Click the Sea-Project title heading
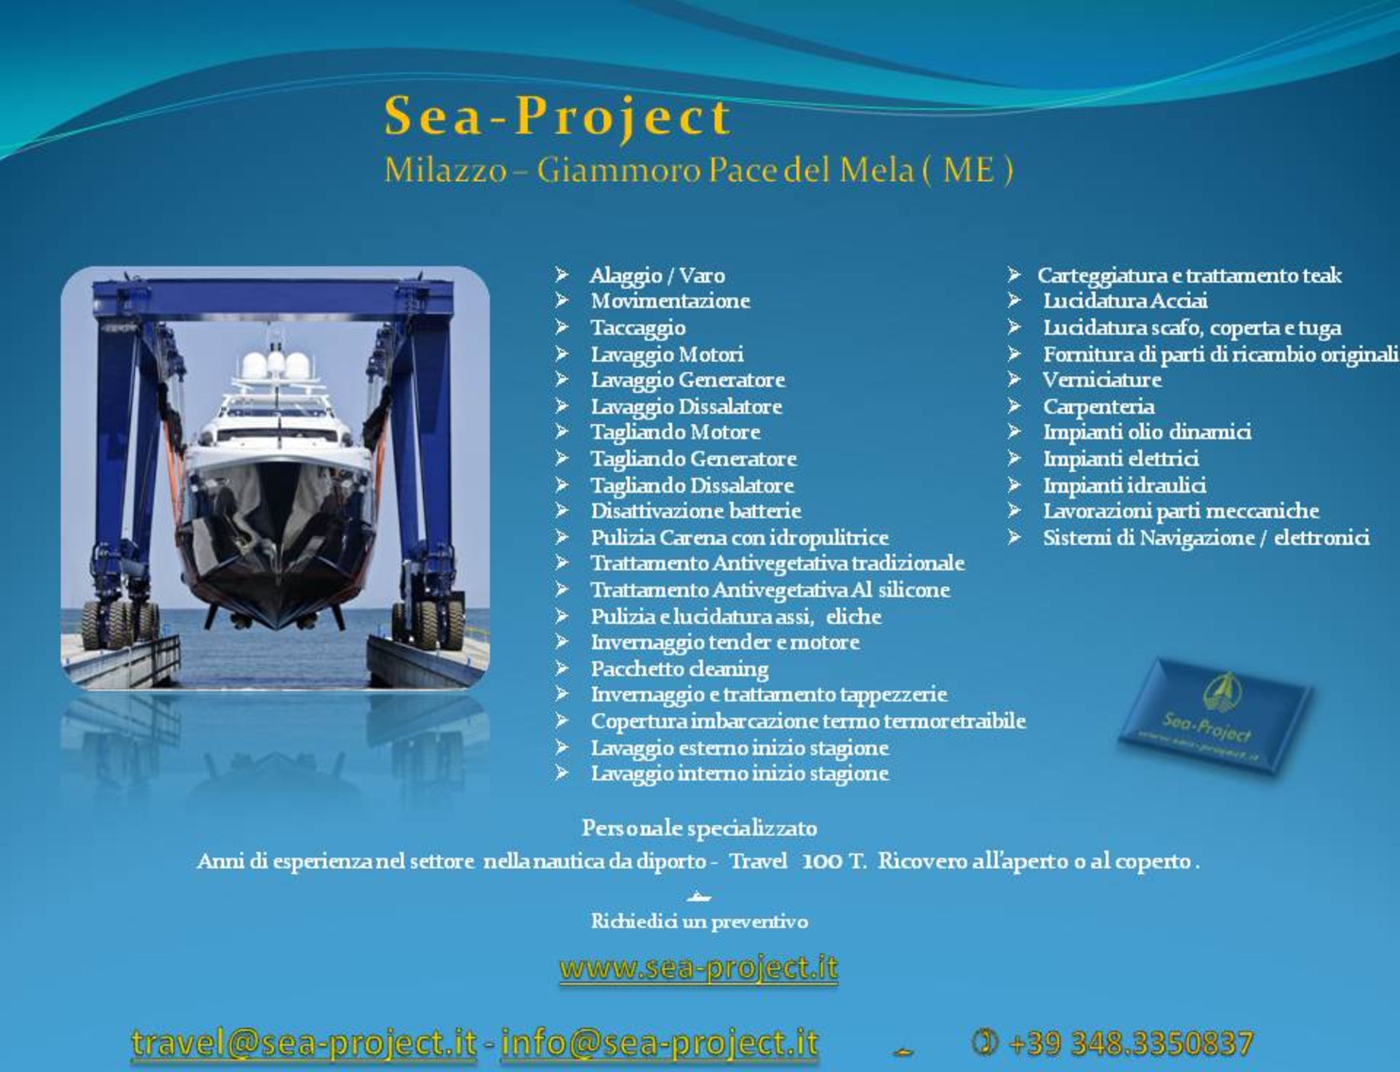[x=557, y=117]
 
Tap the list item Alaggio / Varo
[x=657, y=276]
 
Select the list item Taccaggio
[x=638, y=329]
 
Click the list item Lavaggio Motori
[x=667, y=354]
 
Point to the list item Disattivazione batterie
[x=696, y=511]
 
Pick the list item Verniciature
[x=1102, y=380]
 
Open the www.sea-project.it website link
[x=699, y=969]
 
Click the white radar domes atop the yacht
[x=276, y=365]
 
